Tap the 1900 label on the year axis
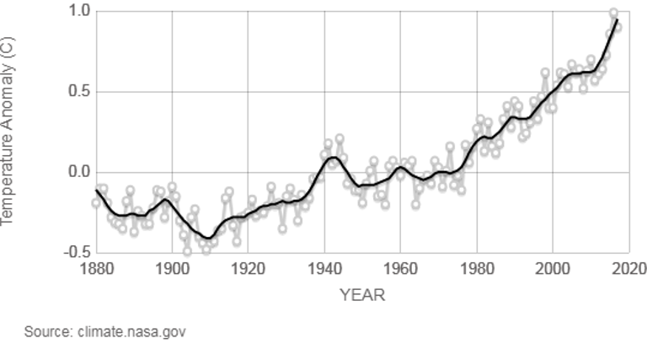(172, 269)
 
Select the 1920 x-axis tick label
(248, 269)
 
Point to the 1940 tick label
(324, 269)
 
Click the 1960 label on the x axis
(400, 269)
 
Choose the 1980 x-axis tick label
(477, 269)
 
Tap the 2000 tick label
(553, 269)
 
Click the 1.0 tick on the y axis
(78, 11)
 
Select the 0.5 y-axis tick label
(78, 91)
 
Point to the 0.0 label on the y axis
(78, 172)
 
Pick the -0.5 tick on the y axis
(77, 252)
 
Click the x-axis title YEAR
(362, 294)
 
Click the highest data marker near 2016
(613, 13)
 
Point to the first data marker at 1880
(96, 203)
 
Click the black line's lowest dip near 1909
(207, 238)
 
